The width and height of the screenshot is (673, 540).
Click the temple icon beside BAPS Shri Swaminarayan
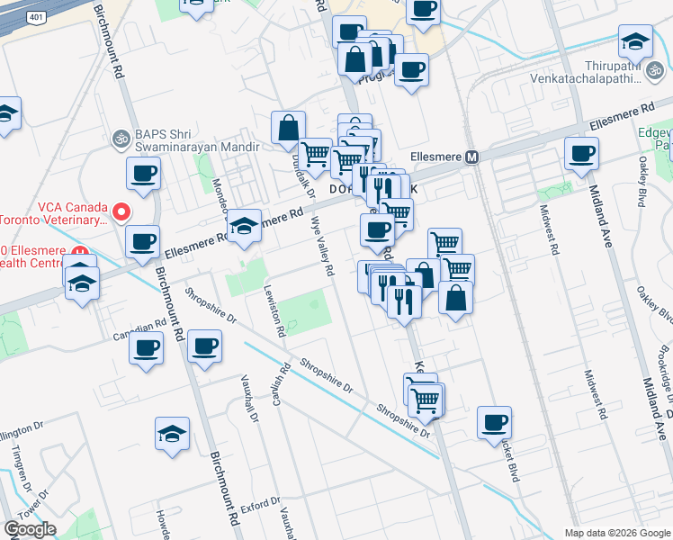click(119, 139)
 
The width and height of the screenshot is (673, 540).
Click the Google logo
click(30, 529)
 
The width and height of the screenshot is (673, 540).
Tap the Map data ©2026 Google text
click(616, 533)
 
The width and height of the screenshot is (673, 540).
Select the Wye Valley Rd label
click(322, 246)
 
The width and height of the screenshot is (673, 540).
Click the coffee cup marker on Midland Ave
click(581, 154)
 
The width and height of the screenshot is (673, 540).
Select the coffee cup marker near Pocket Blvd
click(493, 423)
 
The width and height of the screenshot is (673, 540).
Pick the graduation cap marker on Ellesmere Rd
click(243, 228)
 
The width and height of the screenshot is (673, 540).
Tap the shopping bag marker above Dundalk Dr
click(288, 130)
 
